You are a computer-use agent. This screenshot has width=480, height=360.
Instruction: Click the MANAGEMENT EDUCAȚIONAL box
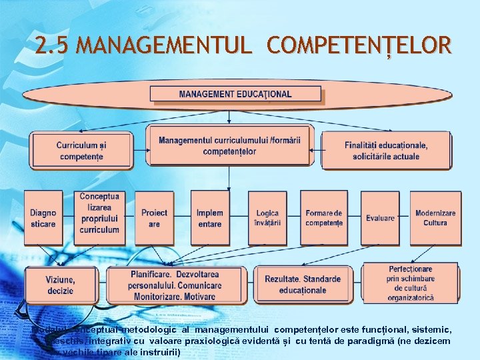[x=235, y=94]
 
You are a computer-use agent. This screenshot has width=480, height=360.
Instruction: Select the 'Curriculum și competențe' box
[x=81, y=150]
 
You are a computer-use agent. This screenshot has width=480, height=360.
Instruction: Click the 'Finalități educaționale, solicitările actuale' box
[x=386, y=150]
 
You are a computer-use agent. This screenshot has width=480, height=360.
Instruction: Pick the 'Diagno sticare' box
[x=43, y=218]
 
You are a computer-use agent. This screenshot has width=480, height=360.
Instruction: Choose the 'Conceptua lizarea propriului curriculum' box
[x=99, y=213]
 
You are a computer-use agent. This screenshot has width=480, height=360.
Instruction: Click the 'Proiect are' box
[x=154, y=218]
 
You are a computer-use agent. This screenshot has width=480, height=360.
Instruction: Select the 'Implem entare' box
[x=209, y=218]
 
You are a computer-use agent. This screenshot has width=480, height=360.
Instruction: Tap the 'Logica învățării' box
[x=267, y=218]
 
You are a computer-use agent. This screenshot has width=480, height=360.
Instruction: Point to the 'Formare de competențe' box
[x=324, y=218]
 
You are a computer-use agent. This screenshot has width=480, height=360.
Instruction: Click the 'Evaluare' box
[x=380, y=218]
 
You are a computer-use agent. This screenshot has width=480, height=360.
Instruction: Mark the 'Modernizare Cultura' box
[x=435, y=218]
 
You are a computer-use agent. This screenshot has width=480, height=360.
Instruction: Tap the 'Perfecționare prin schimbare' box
[x=410, y=283]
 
